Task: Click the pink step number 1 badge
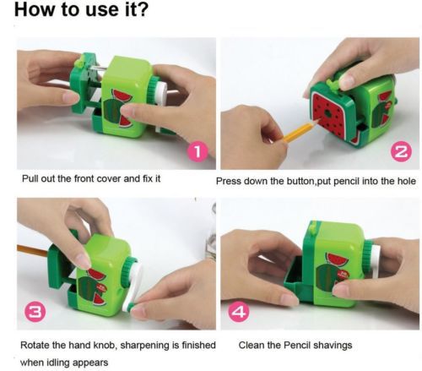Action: click(197, 152)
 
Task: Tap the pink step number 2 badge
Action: click(402, 152)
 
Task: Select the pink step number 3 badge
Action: click(35, 312)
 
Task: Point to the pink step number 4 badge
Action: click(239, 312)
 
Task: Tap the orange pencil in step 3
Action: click(33, 250)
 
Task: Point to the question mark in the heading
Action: click(143, 8)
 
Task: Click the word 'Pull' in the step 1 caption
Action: click(30, 178)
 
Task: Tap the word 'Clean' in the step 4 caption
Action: click(250, 345)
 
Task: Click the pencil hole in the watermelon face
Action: click(327, 114)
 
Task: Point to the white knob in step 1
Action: click(160, 90)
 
